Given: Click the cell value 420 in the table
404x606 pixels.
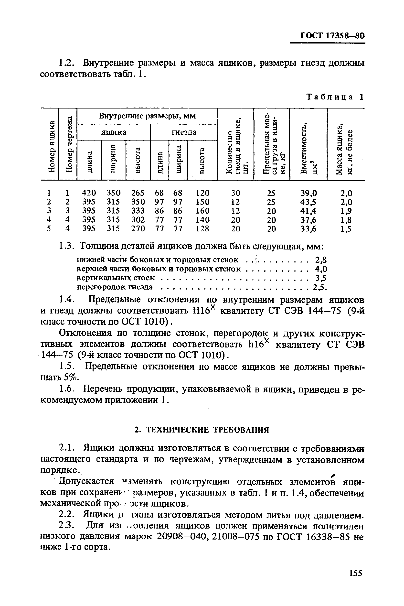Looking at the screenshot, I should [89, 193].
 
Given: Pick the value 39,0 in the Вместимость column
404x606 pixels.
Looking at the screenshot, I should [309, 193].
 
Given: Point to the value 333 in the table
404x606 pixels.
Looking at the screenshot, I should [138, 211].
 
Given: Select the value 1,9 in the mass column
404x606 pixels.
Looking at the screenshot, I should [346, 211].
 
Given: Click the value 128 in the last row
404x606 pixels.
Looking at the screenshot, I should [202, 229].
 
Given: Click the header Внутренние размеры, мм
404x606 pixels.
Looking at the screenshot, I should [147, 116].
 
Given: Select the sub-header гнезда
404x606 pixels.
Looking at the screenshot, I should [184, 132].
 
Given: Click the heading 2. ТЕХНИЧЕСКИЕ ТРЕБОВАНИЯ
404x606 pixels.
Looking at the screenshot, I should [202, 430].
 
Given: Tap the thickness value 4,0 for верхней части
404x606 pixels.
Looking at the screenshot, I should [321, 269].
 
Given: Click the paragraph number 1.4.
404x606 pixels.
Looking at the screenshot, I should [67, 300].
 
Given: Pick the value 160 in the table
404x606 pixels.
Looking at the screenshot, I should [202, 211].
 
